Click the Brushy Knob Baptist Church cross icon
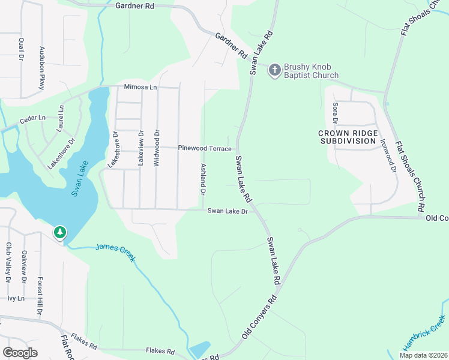(x=275, y=70)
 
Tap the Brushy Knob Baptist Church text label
(x=312, y=71)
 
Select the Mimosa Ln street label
(x=140, y=87)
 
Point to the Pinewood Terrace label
(x=204, y=148)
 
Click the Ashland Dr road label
(x=203, y=179)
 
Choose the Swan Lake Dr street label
(x=228, y=211)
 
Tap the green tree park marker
(x=59, y=232)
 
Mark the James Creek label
(x=116, y=253)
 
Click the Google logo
(x=20, y=353)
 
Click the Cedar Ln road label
(x=32, y=119)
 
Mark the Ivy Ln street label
(x=16, y=298)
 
